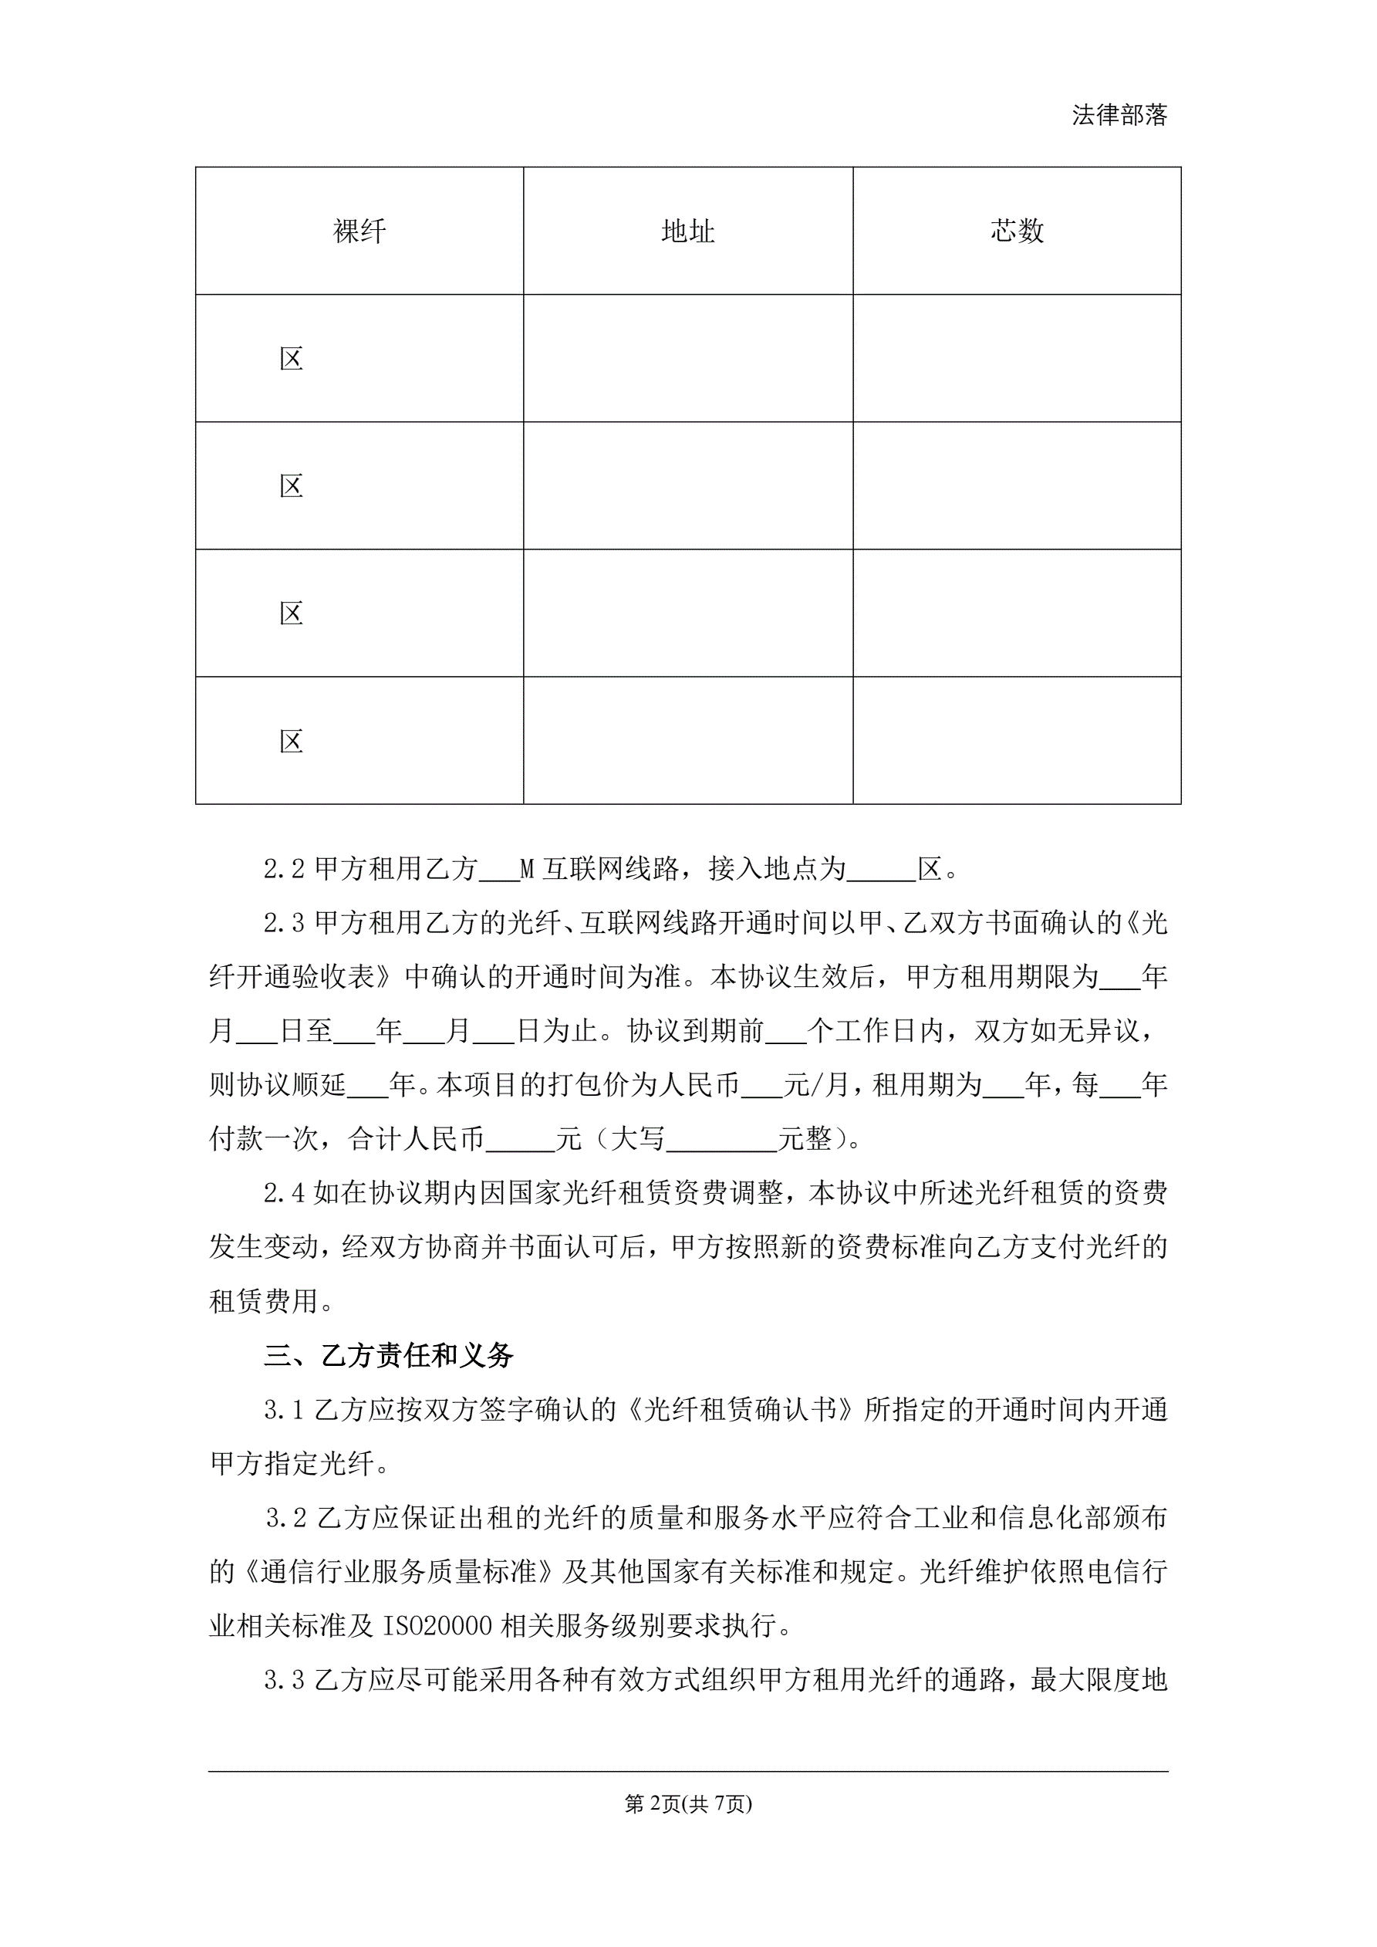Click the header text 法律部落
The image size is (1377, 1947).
click(x=1119, y=115)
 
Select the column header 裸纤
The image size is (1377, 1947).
click(x=359, y=231)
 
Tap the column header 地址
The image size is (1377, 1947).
click(x=687, y=231)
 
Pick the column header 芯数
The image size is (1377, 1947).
click(x=1017, y=231)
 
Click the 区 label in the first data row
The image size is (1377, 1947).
click(x=291, y=359)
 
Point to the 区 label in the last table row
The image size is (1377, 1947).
click(x=291, y=741)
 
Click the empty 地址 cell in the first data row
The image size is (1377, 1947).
click(x=687, y=359)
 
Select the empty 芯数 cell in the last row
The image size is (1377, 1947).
click(x=1017, y=741)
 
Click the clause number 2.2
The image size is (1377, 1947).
click(x=283, y=868)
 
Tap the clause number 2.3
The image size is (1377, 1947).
click(x=283, y=923)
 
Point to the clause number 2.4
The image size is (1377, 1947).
click(x=283, y=1193)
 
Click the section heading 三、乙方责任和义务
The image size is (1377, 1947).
click(x=388, y=1355)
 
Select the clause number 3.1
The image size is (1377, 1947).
click(x=283, y=1409)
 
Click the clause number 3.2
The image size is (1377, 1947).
click(x=285, y=1517)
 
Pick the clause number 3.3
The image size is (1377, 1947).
click(x=283, y=1679)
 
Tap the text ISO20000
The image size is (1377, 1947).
click(x=437, y=1626)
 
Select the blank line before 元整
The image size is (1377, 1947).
click(x=721, y=1139)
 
